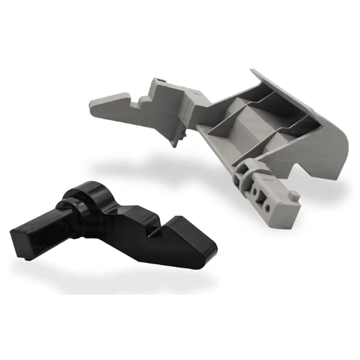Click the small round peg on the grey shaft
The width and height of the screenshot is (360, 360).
tap(294, 195)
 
